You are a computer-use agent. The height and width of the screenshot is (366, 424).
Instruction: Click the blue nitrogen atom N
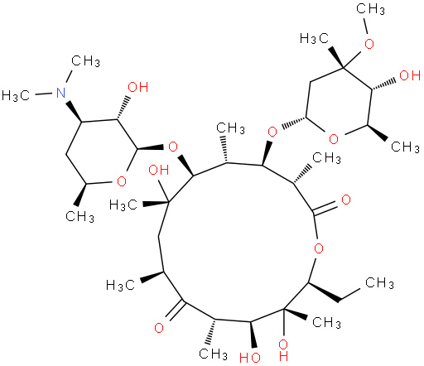point(61,93)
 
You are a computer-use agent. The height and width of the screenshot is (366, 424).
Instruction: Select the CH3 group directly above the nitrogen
point(85,60)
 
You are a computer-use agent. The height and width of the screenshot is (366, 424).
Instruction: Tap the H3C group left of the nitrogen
point(16,96)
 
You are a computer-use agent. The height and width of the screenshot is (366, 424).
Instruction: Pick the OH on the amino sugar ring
point(138,87)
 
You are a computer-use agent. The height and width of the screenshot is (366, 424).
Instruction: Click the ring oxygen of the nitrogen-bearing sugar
point(122,181)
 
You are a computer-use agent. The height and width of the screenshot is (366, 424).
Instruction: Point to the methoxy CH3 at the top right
point(370,9)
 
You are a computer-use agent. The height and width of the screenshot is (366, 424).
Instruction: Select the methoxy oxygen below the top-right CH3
point(369,44)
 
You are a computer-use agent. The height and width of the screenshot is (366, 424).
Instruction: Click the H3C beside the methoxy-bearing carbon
point(315,38)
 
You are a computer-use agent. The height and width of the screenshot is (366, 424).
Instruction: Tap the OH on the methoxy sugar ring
point(410,75)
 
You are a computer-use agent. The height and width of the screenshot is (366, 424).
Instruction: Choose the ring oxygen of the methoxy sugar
point(334,139)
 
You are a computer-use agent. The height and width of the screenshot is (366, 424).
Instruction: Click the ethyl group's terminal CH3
point(379,282)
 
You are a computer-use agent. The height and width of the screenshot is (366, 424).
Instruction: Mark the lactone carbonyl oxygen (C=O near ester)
point(346,200)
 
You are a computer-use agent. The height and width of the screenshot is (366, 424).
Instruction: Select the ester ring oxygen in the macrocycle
point(319,248)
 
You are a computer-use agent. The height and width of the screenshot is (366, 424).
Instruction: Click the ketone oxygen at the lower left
point(159,328)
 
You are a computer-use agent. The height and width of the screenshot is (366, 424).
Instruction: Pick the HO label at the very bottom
point(250,358)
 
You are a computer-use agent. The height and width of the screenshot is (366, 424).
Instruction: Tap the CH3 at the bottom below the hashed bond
point(213,354)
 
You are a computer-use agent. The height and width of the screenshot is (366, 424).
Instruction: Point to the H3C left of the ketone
point(121,285)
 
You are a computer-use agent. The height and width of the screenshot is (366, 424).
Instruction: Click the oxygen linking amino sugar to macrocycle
point(173,147)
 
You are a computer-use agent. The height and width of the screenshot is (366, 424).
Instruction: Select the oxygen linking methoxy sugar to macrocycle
point(272,132)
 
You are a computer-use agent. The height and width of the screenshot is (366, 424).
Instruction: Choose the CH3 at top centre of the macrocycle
point(230,128)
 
